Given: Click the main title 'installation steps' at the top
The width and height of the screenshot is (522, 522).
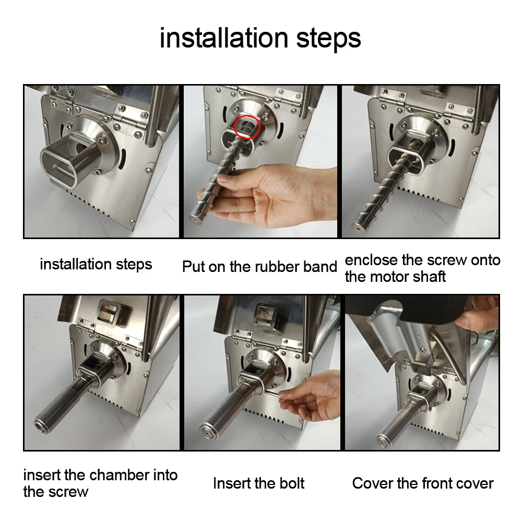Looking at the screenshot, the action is coord(260,38).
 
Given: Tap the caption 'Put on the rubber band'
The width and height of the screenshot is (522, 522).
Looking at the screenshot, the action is coord(259,267).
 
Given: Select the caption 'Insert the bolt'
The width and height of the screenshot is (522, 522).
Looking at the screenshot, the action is coord(259,483).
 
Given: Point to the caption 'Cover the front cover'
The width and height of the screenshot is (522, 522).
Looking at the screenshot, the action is coord(423,483).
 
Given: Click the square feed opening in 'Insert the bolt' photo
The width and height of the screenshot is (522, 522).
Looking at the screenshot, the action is coord(266,314).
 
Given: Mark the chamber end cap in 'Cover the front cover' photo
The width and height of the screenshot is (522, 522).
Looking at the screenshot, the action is coord(383,441).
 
